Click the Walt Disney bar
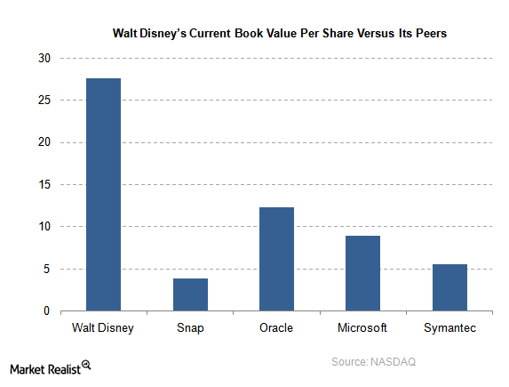pyautogui.click(x=103, y=195)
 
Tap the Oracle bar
pyautogui.click(x=276, y=259)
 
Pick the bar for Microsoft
pyautogui.click(x=362, y=273)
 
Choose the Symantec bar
pyautogui.click(x=449, y=287)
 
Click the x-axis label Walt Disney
pyautogui.click(x=103, y=328)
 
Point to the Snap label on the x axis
pyautogui.click(x=190, y=328)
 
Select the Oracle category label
pyautogui.click(x=276, y=328)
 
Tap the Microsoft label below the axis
pyautogui.click(x=362, y=328)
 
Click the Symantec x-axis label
pyautogui.click(x=449, y=328)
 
